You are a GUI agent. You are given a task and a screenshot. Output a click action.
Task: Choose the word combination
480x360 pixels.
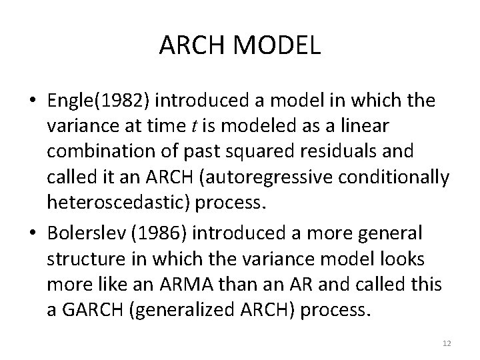99,151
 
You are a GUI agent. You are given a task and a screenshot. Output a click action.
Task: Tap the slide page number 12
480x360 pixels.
447,343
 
